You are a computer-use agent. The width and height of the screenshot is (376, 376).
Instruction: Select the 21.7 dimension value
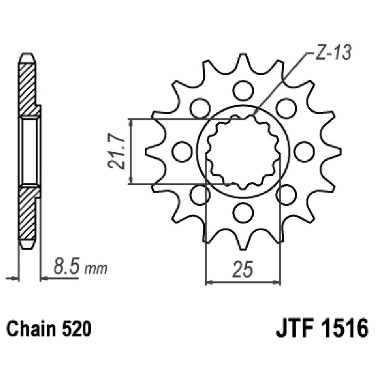point(117,151)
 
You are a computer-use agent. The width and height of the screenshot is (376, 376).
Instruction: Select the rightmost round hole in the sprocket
point(304,150)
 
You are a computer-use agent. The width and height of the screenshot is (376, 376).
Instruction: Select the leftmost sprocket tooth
point(148,151)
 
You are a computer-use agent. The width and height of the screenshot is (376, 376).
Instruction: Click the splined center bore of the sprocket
point(243,150)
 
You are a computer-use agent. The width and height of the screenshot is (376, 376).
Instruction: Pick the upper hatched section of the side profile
point(28,85)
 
